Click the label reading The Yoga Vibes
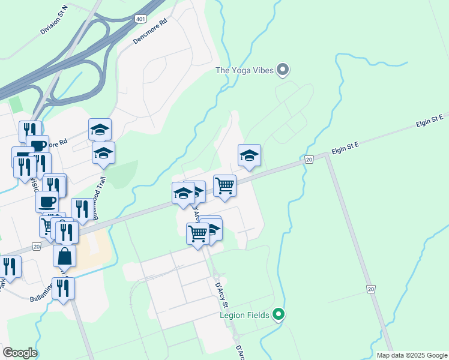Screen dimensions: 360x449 coord(245,70)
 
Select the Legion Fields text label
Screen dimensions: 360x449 coord(246,314)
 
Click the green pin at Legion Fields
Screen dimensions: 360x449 coord(278,314)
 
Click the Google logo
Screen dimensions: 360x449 coord(20,353)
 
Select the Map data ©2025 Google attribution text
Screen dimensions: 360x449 coord(411,355)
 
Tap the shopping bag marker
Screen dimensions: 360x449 coord(64,256)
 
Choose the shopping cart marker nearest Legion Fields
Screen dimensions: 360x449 coord(197,233)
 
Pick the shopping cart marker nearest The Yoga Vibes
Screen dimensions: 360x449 coord(224,185)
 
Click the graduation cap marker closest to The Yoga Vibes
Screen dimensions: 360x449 coord(249,155)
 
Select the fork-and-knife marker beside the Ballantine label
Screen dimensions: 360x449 coord(63,288)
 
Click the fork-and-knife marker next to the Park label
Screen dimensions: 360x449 coord(10,266)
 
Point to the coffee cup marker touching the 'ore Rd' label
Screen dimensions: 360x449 coord(37,146)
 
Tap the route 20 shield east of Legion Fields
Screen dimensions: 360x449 coord(372,290)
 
